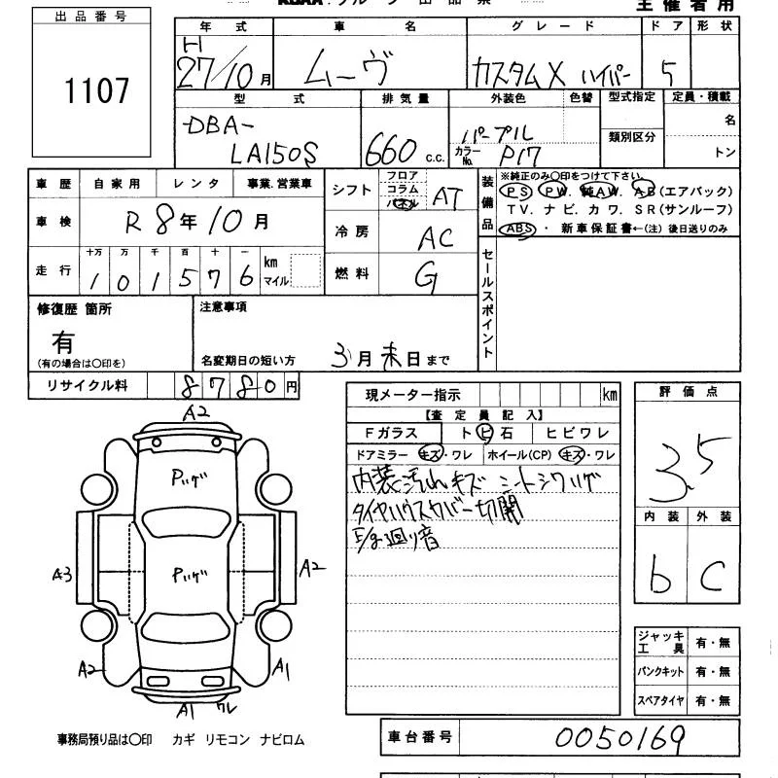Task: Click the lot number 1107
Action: [x=96, y=91]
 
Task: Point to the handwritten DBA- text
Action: [x=218, y=125]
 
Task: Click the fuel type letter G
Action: [x=425, y=277]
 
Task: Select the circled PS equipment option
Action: [x=515, y=193]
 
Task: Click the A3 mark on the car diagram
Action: [x=62, y=575]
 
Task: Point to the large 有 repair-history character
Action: [x=64, y=341]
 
